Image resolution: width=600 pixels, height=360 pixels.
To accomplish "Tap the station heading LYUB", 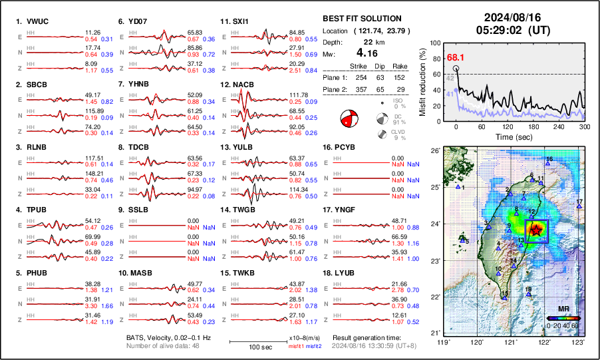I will (346, 273).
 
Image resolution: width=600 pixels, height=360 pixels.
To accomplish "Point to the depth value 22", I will (362, 41).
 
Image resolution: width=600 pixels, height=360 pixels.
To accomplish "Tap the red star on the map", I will (536, 229).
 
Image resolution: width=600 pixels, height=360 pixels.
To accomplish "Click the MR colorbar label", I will (563, 309).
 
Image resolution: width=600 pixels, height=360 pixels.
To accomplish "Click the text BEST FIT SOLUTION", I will (361, 19).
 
